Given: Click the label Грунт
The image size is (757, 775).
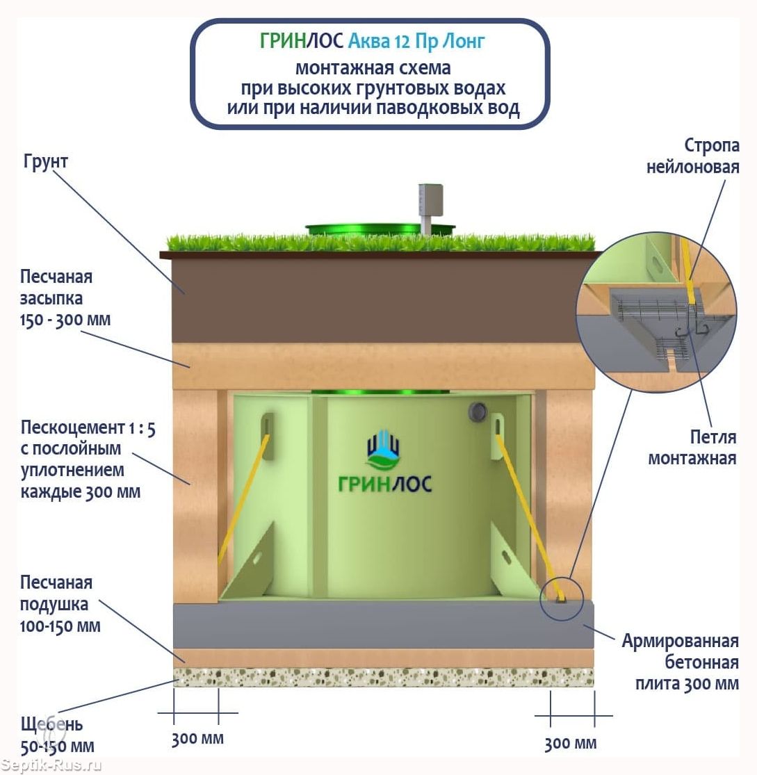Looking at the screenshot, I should (x=45, y=163).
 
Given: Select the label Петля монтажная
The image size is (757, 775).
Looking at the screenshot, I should (x=692, y=448).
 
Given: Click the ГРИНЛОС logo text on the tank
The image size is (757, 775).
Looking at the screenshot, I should (x=384, y=484).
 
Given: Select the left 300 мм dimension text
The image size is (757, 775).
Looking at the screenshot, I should (x=197, y=738).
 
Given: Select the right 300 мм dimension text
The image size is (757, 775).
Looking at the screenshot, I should (x=570, y=743).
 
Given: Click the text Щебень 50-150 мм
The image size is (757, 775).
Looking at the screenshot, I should (x=57, y=735).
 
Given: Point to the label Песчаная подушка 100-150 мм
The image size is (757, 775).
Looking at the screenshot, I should (x=60, y=604).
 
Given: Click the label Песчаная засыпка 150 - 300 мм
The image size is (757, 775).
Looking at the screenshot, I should (x=65, y=298).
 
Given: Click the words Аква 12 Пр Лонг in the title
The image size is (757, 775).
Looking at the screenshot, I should (x=416, y=42).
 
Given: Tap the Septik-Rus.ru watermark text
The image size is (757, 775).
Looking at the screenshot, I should (x=51, y=765).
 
